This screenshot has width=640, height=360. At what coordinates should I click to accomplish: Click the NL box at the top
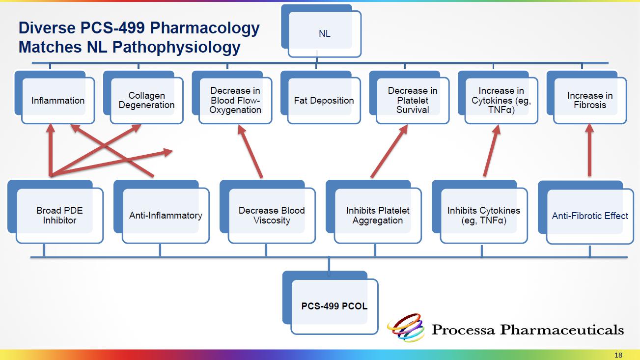click(x=325, y=34)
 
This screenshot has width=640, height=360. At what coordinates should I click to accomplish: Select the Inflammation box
click(x=58, y=101)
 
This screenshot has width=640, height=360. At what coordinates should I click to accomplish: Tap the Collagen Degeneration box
click(x=146, y=101)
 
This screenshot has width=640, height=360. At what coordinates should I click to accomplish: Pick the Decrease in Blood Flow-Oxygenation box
click(x=235, y=101)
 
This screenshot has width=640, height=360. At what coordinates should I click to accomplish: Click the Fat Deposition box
click(x=324, y=101)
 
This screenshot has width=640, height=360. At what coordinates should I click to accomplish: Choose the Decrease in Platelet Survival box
click(x=413, y=101)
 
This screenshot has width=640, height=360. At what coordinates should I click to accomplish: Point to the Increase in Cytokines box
click(x=501, y=101)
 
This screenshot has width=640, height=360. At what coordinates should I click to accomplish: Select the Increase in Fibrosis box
click(x=590, y=101)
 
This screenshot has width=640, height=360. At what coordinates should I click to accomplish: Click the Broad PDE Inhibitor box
click(x=59, y=216)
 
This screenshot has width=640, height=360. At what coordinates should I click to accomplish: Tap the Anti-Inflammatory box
click(x=166, y=216)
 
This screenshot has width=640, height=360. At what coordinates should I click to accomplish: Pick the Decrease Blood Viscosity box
click(x=272, y=216)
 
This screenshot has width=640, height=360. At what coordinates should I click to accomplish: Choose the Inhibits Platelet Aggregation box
click(x=378, y=216)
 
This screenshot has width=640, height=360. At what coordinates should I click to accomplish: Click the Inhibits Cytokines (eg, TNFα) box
click(x=484, y=216)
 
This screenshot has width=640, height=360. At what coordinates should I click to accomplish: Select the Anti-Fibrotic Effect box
click(x=590, y=216)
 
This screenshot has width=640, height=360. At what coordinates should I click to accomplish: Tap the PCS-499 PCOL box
click(x=334, y=306)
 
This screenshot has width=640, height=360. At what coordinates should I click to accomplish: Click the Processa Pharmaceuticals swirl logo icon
click(x=406, y=328)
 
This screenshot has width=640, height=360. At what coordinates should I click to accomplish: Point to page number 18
click(x=618, y=355)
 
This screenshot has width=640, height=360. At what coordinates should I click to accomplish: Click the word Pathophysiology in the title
click(x=177, y=47)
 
